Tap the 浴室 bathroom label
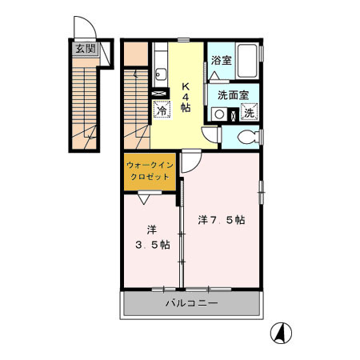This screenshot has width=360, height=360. tap(221, 60)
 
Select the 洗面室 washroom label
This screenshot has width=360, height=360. tap(233, 94)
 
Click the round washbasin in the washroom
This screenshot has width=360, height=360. tap(218, 114)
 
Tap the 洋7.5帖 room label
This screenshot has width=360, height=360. tap(221, 219)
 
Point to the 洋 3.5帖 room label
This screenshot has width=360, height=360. tap(151, 237)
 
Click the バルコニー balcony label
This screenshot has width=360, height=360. tap(192, 303)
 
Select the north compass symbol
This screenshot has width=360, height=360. tap(282, 330)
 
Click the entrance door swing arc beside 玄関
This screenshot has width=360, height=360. tap(82, 29)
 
